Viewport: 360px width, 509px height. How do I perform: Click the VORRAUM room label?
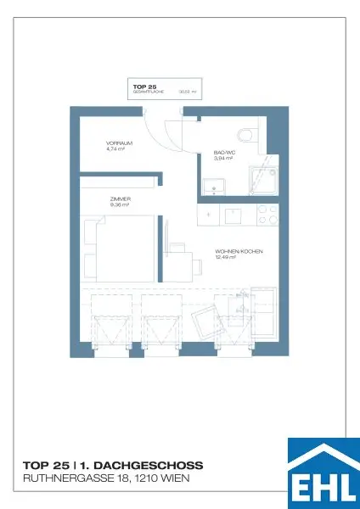pyautogui.click(x=118, y=143)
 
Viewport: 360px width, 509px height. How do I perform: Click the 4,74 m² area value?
pyautogui.click(x=116, y=148)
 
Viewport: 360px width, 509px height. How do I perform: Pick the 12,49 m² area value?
pyautogui.click(x=226, y=258)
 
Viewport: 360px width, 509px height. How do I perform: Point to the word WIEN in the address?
pyautogui.click(x=174, y=479)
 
